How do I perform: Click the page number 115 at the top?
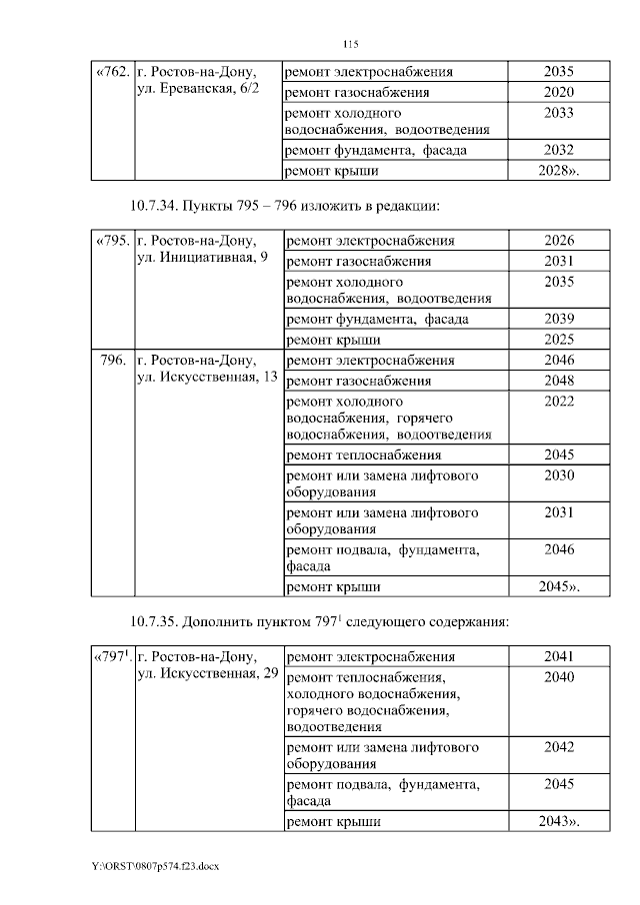(350, 45)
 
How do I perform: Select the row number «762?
(110, 72)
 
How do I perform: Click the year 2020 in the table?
(559, 92)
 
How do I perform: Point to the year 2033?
(559, 113)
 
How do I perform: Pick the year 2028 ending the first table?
(559, 171)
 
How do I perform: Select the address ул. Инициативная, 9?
(201, 260)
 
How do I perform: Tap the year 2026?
(559, 241)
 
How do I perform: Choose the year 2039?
(559, 319)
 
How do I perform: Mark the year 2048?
(559, 380)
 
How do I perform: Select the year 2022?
(559, 401)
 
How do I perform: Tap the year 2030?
(559, 475)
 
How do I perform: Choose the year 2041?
(559, 657)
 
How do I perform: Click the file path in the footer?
(155, 865)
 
